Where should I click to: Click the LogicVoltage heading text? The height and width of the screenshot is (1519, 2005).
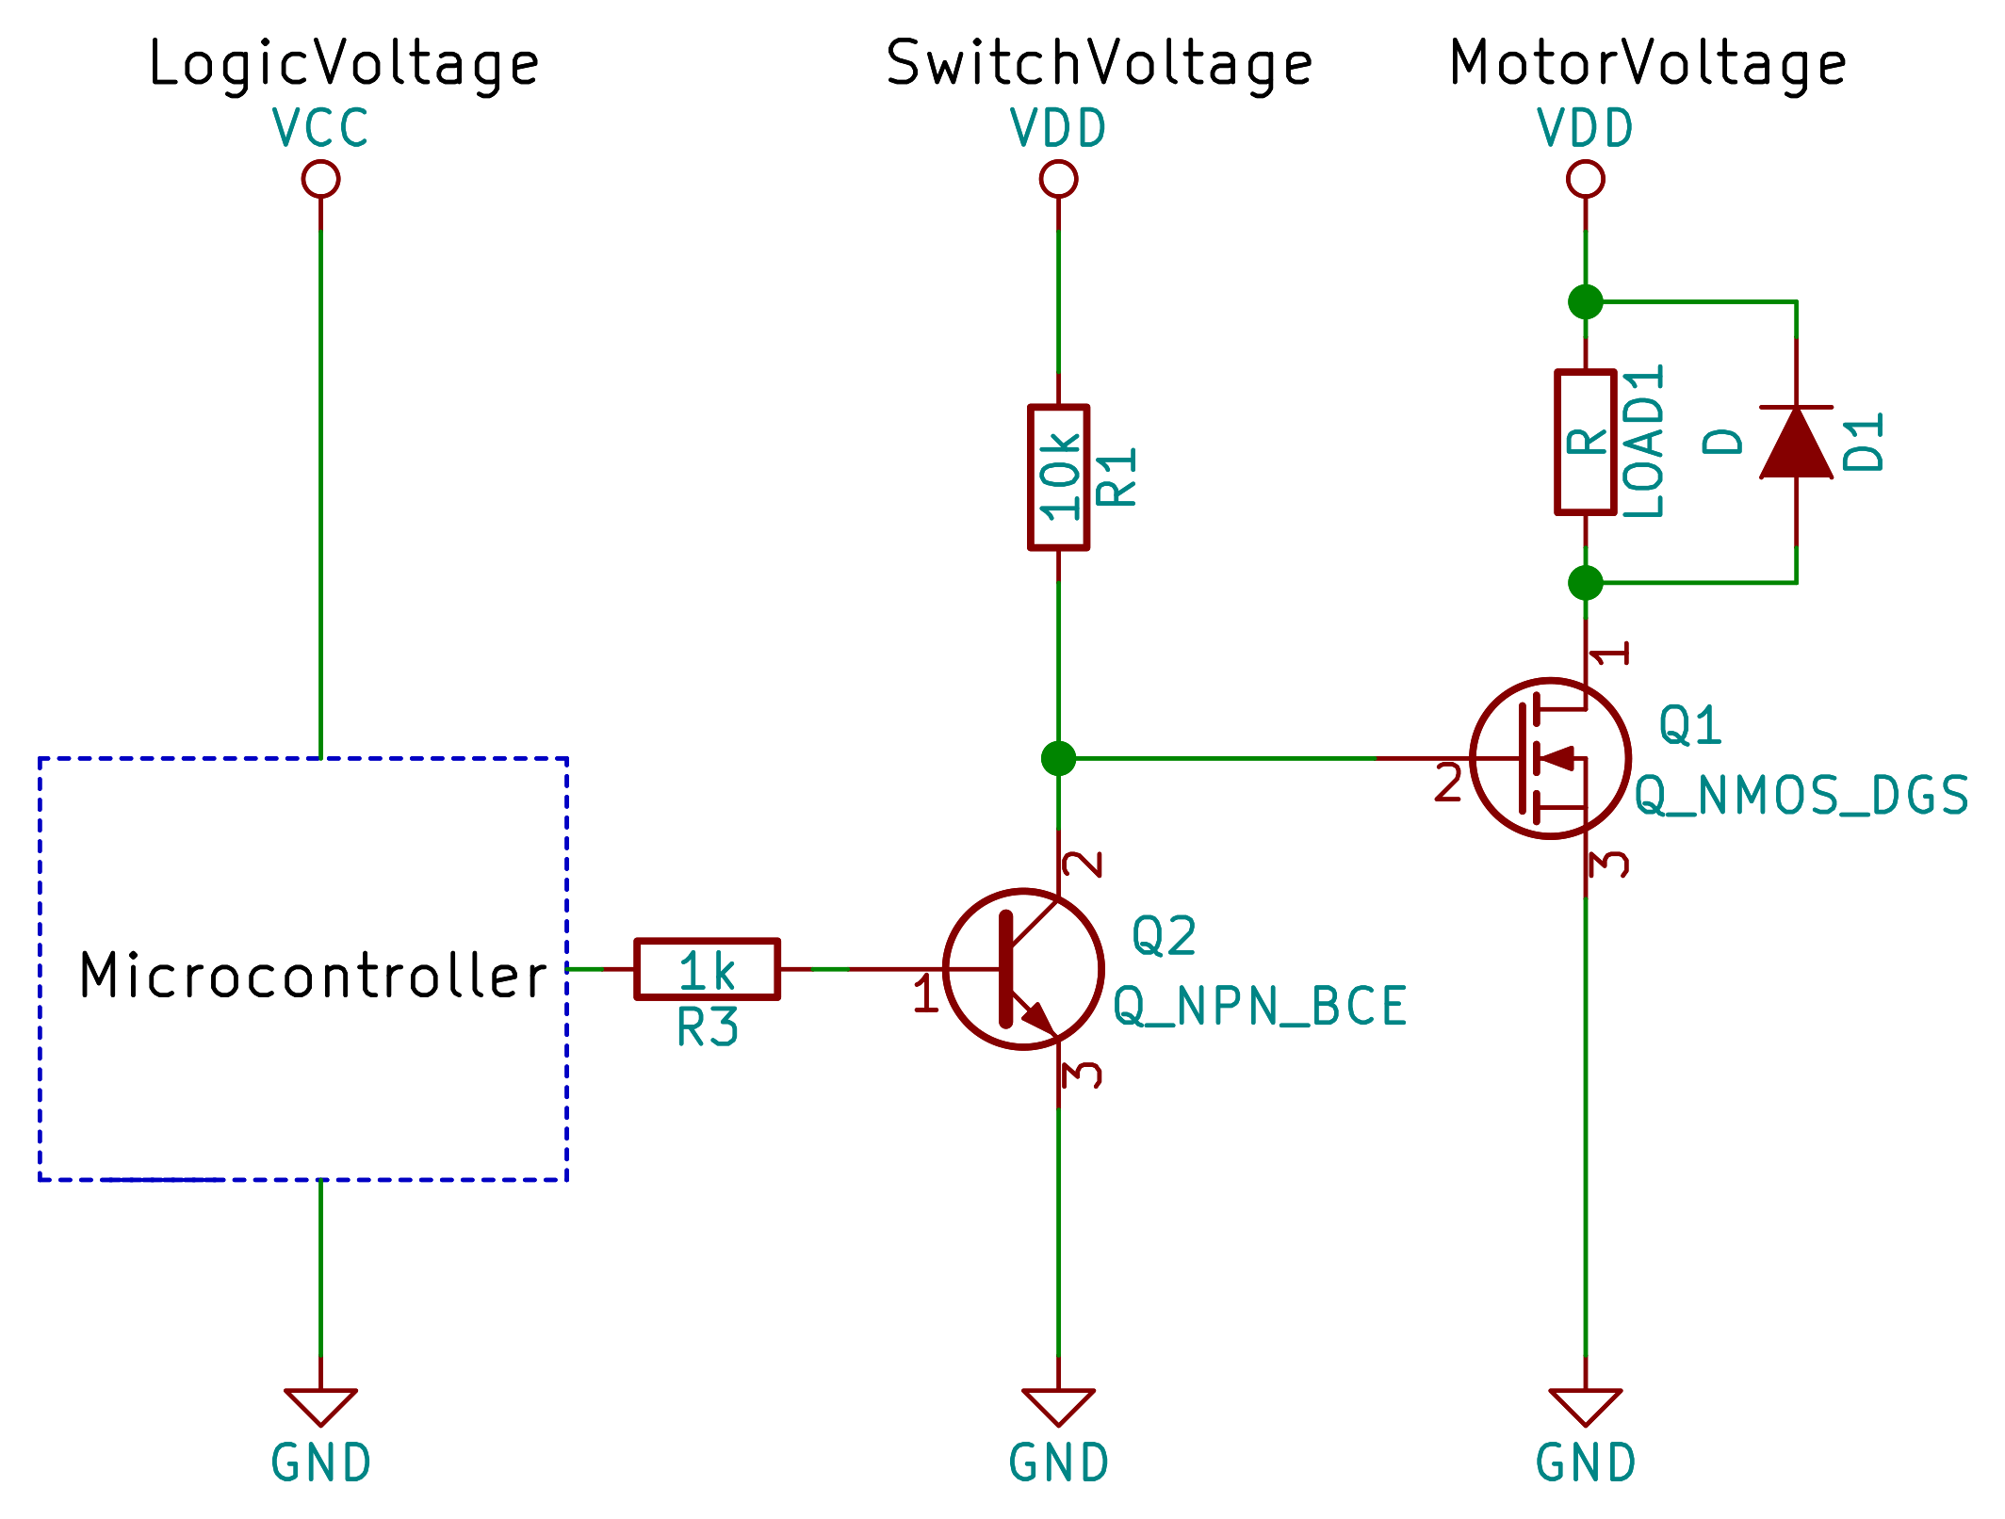coord(344,64)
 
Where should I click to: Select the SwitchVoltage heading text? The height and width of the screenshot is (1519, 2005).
coord(1099,64)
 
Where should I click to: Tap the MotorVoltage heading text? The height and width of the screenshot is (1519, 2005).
coord(1647,64)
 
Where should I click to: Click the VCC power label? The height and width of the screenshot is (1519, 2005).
coord(320,128)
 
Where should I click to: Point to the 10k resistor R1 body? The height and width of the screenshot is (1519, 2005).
coord(1058,477)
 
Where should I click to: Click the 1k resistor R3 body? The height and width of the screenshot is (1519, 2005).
coord(707,968)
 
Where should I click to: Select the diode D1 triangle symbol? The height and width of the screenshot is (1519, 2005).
coord(1796,443)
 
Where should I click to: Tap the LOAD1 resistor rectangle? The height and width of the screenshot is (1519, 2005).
coord(1585,443)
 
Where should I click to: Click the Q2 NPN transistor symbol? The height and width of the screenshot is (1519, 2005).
coord(1023,968)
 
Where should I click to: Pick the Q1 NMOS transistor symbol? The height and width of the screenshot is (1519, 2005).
coord(1550,758)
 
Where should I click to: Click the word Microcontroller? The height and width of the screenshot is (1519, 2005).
coord(313,976)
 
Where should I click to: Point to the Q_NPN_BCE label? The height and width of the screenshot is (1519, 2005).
coord(1260,1007)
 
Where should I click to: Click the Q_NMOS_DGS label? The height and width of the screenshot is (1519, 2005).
coord(1801,796)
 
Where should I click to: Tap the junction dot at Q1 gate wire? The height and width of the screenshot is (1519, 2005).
coord(1058,758)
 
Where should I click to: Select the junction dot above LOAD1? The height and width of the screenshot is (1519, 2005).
coord(1585,302)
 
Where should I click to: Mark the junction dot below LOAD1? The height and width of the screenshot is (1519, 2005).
coord(1585,583)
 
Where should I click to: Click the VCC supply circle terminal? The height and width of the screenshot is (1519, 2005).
coord(320,179)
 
